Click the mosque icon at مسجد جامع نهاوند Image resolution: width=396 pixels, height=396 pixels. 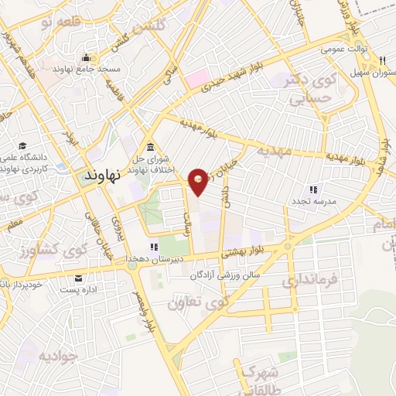tap(85, 58)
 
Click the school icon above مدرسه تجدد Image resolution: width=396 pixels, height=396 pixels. tap(313, 189)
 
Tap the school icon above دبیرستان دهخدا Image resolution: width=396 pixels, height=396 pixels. tap(152, 247)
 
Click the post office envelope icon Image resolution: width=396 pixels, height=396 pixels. tap(77, 278)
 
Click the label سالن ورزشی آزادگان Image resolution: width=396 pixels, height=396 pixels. tap(230, 275)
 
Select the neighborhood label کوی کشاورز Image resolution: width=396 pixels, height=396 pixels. tap(51, 254)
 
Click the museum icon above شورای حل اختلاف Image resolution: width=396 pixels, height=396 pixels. tap(149, 147)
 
